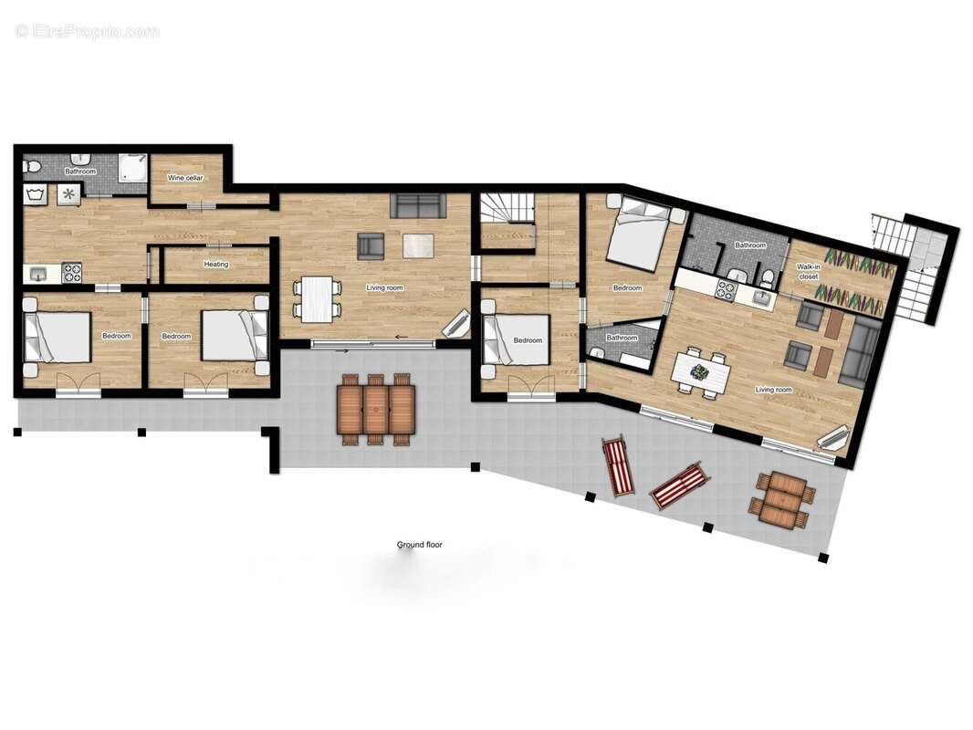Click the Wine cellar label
click(185, 178)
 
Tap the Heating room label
click(216, 265)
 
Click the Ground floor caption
click(419, 545)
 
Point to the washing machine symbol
click(38, 193)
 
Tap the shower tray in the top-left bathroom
click(131, 166)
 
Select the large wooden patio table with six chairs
click(375, 408)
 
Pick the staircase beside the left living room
click(507, 219)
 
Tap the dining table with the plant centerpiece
click(701, 372)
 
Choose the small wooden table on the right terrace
click(780, 500)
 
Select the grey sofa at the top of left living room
click(417, 206)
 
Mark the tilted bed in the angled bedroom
click(643, 235)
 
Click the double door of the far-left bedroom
click(78, 385)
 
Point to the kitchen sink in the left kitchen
click(38, 273)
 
